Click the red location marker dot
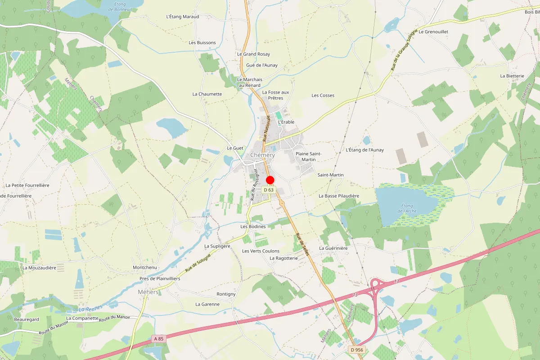(270, 180)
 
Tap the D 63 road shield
(269, 190)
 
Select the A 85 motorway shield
(158, 338)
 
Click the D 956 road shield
(356, 350)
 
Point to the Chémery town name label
(262, 155)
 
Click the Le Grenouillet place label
(434, 32)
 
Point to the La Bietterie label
(512, 76)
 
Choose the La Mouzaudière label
(39, 268)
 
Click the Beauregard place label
(27, 319)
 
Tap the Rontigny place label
(226, 294)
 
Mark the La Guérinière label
(333, 248)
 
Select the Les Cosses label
(323, 95)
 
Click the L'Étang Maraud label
(182, 17)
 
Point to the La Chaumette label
(207, 94)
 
